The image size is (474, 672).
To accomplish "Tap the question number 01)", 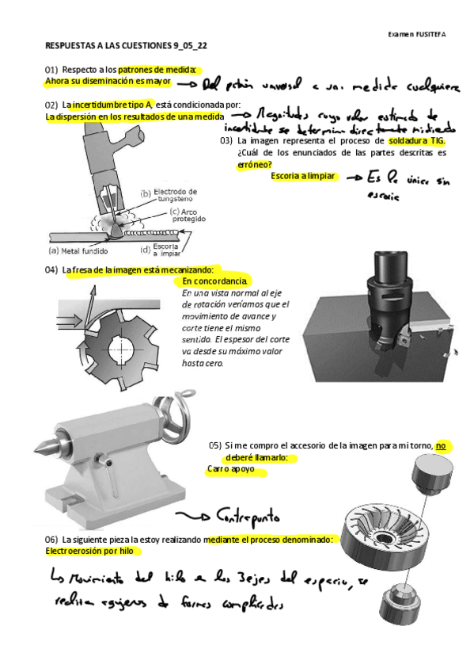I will tap(51, 70).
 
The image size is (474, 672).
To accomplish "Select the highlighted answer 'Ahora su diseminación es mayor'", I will tap(108, 81).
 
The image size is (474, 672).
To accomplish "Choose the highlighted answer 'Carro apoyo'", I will tap(230, 469).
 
